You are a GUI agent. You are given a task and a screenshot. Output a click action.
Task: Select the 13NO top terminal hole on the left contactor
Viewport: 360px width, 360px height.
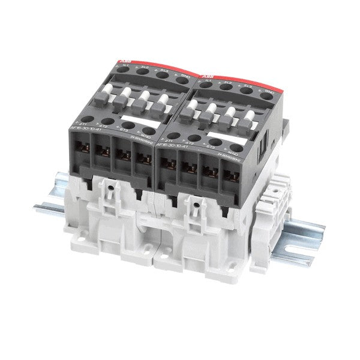[178, 81]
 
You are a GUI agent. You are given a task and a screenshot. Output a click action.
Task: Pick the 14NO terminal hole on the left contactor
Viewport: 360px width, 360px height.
[145, 131]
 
